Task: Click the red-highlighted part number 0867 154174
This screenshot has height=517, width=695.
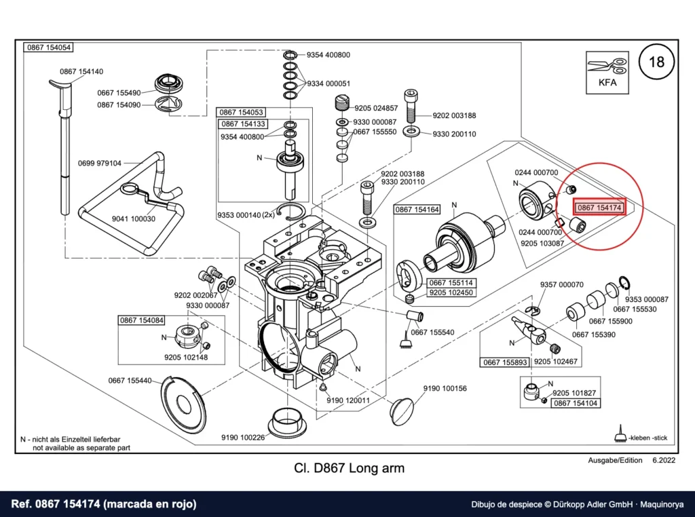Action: point(599,208)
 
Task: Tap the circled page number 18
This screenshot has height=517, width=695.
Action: point(656,62)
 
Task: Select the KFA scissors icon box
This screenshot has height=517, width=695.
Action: point(607,72)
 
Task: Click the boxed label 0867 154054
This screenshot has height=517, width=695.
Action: point(48,47)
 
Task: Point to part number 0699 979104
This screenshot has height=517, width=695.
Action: point(99,163)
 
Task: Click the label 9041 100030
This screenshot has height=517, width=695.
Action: point(134,219)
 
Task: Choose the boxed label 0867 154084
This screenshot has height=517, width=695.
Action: point(142,320)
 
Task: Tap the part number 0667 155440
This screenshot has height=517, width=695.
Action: point(130,381)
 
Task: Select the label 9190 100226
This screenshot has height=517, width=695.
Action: point(243,437)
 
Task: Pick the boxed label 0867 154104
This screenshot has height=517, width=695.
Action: point(576,403)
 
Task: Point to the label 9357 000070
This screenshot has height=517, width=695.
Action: point(561,284)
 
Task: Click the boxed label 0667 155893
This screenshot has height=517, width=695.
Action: point(505,362)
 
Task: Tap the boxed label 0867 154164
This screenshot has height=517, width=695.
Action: point(417,209)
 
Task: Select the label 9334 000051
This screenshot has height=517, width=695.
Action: point(328,83)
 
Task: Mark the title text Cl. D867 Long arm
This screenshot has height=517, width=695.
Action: point(350,468)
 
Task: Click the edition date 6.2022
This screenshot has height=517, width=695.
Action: point(664,460)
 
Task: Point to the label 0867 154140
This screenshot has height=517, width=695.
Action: point(81,71)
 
